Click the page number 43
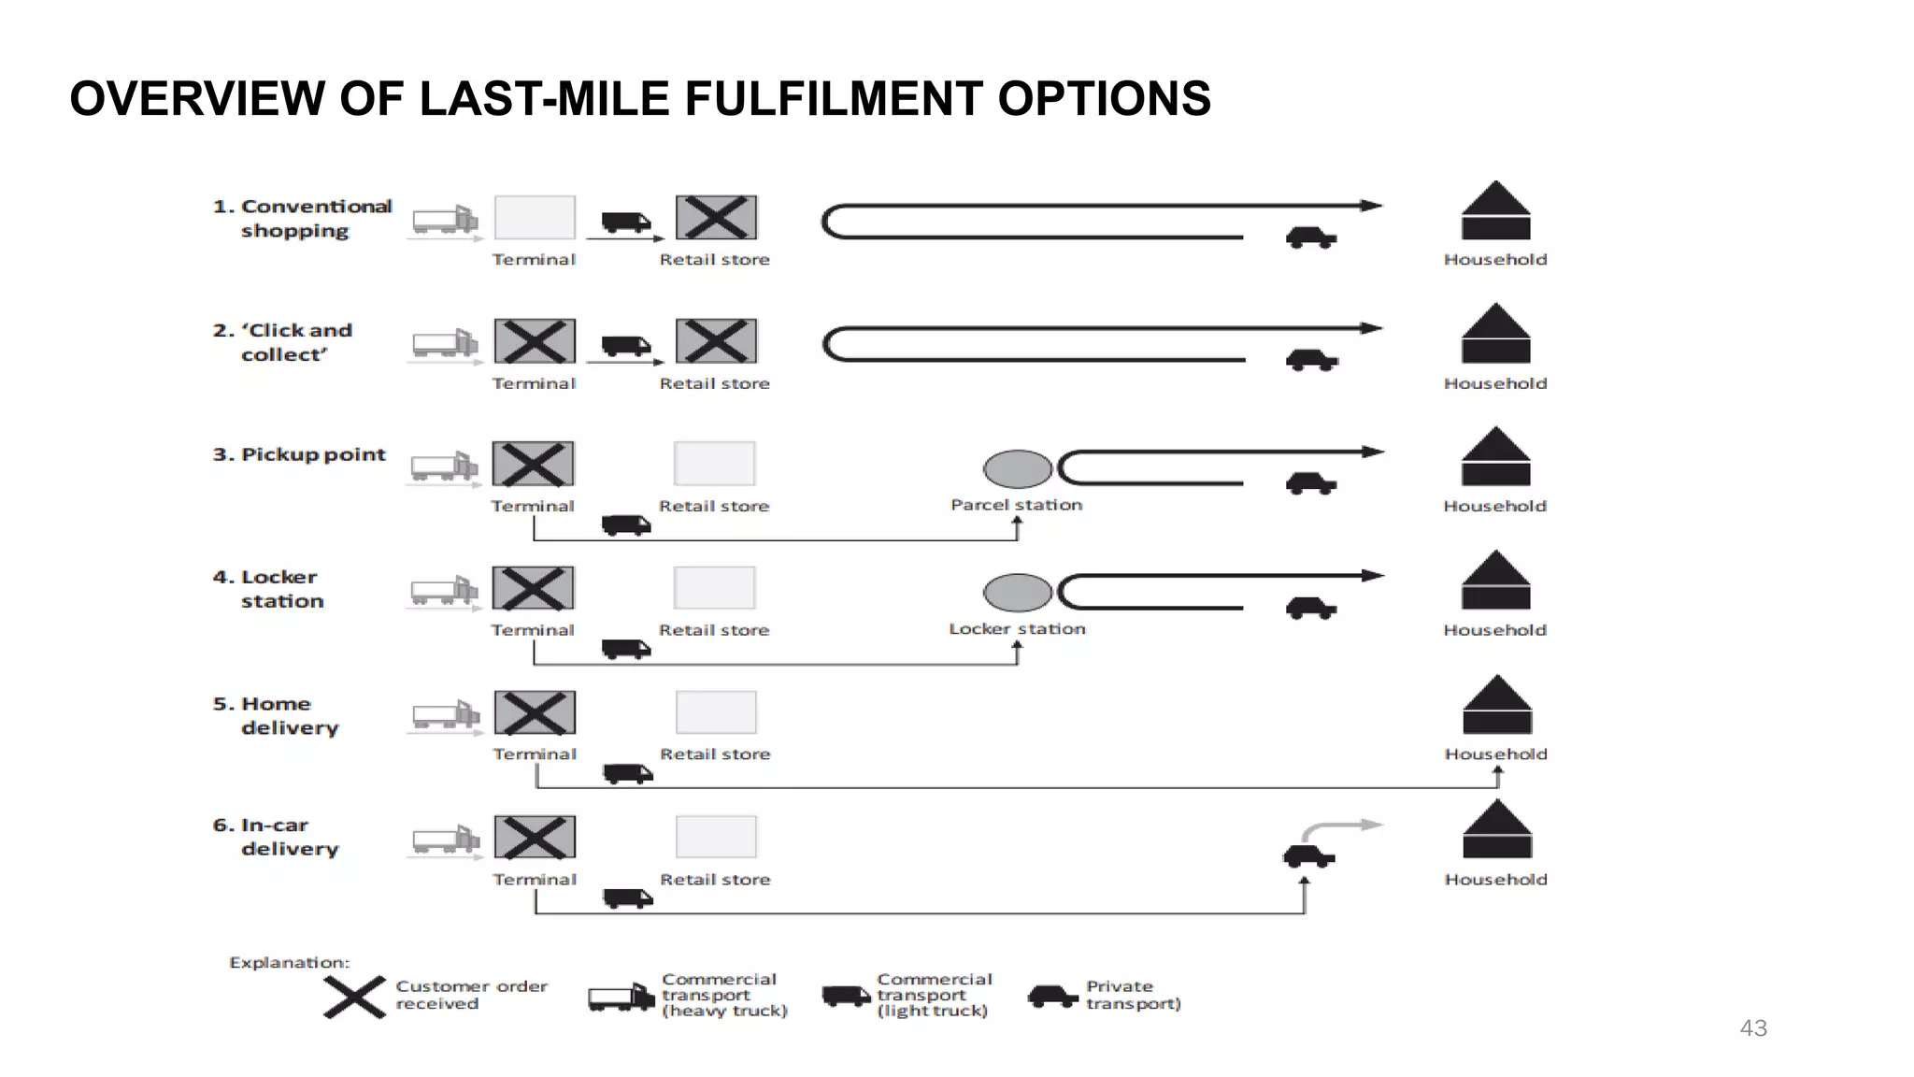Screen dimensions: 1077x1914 (x=1752, y=1028)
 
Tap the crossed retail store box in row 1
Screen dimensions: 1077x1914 (x=716, y=218)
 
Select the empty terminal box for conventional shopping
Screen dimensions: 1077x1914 (x=535, y=218)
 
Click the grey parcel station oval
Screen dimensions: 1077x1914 (x=1017, y=469)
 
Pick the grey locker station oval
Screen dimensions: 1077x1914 (x=1017, y=593)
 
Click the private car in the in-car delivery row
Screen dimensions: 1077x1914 (x=1308, y=855)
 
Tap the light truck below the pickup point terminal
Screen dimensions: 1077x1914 (x=625, y=525)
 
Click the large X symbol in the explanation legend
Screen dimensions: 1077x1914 (x=354, y=997)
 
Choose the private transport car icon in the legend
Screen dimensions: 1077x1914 (x=1052, y=997)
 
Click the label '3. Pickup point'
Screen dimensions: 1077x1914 (x=299, y=454)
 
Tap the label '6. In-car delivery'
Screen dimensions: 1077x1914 (x=276, y=837)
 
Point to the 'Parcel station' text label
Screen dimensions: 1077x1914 (x=1016, y=505)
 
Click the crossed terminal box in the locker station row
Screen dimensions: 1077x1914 (x=534, y=588)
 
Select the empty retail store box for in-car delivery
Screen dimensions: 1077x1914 (x=716, y=837)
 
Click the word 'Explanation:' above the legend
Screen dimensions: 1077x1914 (x=289, y=962)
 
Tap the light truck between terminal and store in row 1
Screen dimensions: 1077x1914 (x=625, y=222)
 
